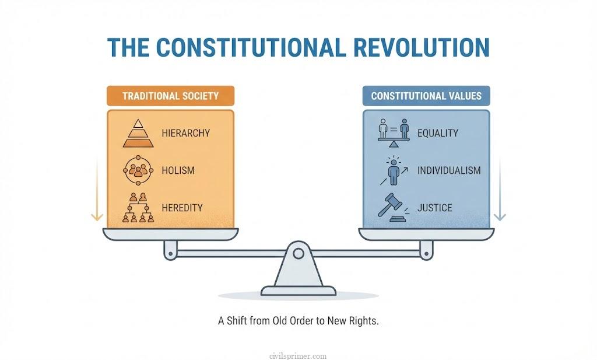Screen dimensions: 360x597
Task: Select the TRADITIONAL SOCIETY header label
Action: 170,96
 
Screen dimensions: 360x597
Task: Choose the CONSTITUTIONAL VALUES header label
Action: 426,96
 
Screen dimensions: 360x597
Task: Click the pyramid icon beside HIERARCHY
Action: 138,133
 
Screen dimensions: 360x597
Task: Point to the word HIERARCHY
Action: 185,134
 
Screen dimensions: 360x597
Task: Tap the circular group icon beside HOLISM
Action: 138,170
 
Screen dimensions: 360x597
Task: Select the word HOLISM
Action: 177,171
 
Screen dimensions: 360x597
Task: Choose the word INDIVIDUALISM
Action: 449,171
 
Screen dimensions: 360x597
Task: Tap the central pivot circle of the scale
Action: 298,253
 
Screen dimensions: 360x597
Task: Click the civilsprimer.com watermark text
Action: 298,355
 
